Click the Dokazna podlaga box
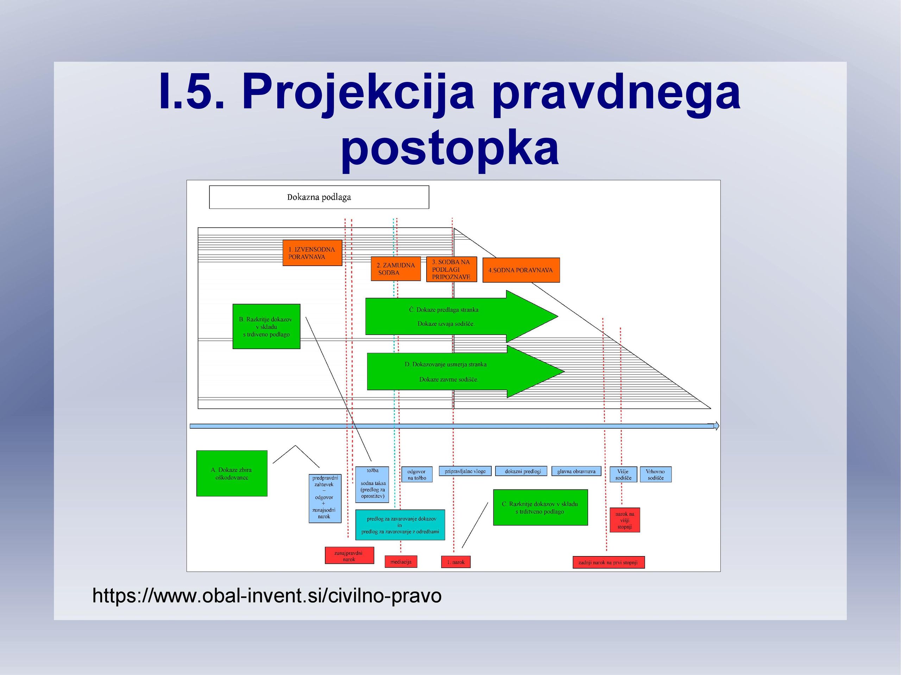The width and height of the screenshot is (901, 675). click(319, 197)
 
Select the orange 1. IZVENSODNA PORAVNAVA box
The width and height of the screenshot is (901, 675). click(313, 253)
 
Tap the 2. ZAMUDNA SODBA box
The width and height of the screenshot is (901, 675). click(396, 269)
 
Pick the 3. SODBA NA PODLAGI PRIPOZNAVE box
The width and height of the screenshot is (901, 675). click(451, 269)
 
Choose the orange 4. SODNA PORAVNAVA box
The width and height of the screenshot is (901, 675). click(521, 270)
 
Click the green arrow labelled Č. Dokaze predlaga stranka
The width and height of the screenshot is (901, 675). click(461, 316)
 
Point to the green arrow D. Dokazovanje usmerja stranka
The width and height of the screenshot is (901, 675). click(465, 372)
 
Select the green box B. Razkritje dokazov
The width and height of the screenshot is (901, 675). click(266, 326)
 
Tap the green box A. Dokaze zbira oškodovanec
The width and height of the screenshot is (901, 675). click(232, 473)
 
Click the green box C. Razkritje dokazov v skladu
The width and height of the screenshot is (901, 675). click(541, 507)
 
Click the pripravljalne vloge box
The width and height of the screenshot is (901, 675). click(465, 471)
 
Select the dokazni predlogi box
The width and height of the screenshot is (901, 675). click(521, 471)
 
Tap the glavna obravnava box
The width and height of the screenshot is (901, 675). click(576, 471)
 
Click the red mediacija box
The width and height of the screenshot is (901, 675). click(401, 562)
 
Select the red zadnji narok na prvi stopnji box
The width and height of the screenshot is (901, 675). click(609, 562)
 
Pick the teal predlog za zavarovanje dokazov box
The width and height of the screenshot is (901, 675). click(400, 525)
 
